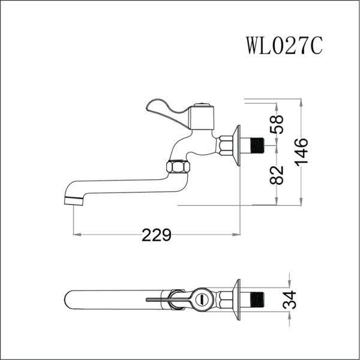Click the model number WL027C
[x=284, y=45]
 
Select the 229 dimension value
[x=157, y=235]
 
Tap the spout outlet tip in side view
[x=73, y=199]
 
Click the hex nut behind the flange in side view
[x=226, y=145]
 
